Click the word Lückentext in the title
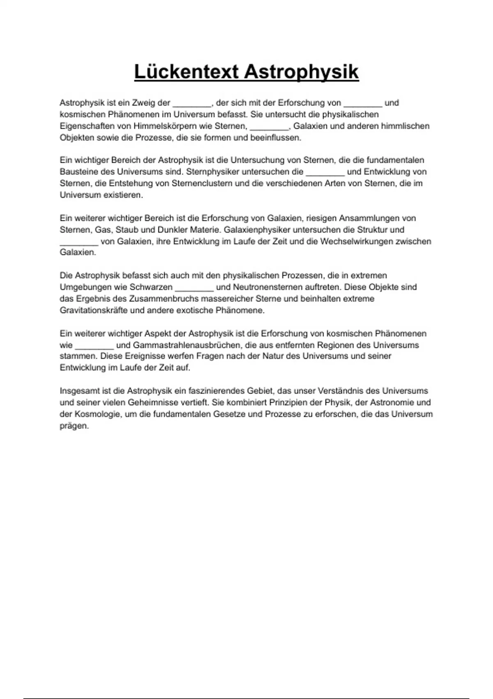[187, 72]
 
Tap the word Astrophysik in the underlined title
[301, 72]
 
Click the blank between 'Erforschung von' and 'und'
[363, 103]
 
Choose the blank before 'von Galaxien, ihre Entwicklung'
[79, 242]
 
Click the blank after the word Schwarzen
[194, 287]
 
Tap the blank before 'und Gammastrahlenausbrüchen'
[94, 345]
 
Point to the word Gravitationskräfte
[94, 310]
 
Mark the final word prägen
[74, 426]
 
